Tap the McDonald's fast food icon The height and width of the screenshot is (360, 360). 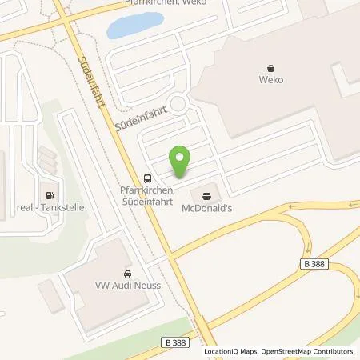(208, 194)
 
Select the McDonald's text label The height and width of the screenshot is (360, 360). (208, 208)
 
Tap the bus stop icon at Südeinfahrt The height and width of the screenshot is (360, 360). (147, 178)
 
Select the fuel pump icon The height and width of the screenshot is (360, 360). (50, 194)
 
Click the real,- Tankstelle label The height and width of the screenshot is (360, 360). (50, 207)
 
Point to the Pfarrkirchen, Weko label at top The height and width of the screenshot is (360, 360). (159, 3)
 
